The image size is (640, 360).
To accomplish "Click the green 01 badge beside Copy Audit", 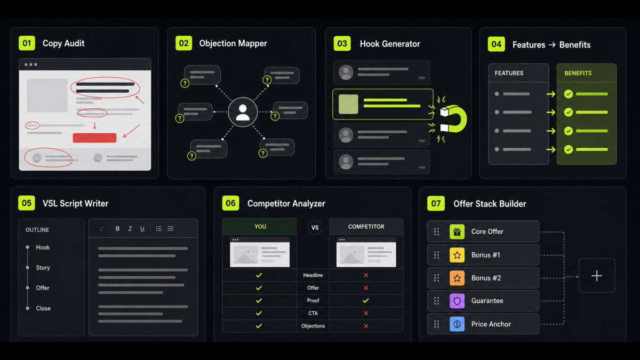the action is pos(27,43).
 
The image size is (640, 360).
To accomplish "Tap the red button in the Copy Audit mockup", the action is pos(94,138).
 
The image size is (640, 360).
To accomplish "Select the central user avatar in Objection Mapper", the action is pos(243,112).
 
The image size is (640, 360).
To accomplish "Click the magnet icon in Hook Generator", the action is pos(454,119).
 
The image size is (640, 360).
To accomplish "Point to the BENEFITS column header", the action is pos(578,73).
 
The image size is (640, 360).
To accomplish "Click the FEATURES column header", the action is pos(509,73).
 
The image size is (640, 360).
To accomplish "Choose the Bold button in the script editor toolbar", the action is pos(117,229).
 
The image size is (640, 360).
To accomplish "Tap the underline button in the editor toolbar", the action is pos(142,229).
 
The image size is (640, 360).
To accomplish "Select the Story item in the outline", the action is pos(43,268).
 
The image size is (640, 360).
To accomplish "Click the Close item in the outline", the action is pos(43,308).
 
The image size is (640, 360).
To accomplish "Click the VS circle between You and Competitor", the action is pos(315,228).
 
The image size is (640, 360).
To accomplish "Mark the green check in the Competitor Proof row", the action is pos(366,301).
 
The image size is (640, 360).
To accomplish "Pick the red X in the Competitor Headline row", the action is pos(366,275).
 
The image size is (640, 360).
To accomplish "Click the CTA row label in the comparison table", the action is pos(313,313).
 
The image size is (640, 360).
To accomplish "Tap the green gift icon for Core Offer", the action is pos(457,231).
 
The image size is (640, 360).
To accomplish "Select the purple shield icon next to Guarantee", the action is pos(457,301).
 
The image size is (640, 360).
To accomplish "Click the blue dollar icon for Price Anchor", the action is pos(457,324).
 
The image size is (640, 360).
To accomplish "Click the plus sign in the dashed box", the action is pos(597,276).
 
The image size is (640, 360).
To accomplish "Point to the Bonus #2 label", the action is pos(486,278).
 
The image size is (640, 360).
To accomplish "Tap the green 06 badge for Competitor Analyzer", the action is pos(230,203).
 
